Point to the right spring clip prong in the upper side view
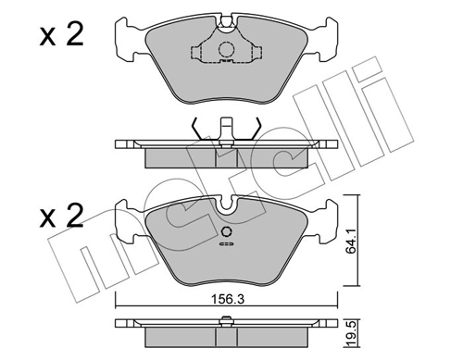[254, 129]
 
